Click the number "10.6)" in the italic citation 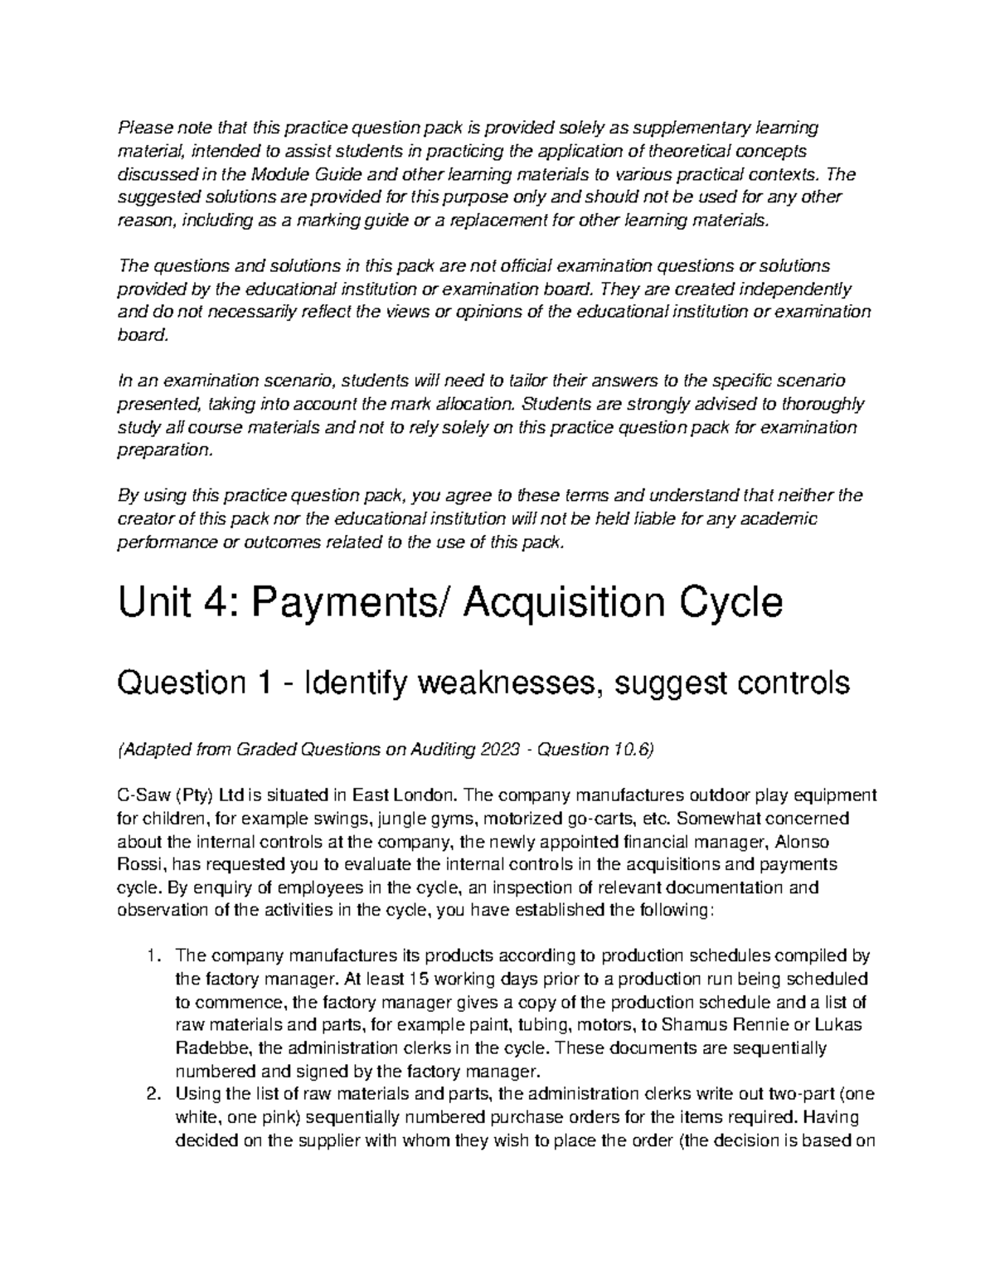tap(633, 750)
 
